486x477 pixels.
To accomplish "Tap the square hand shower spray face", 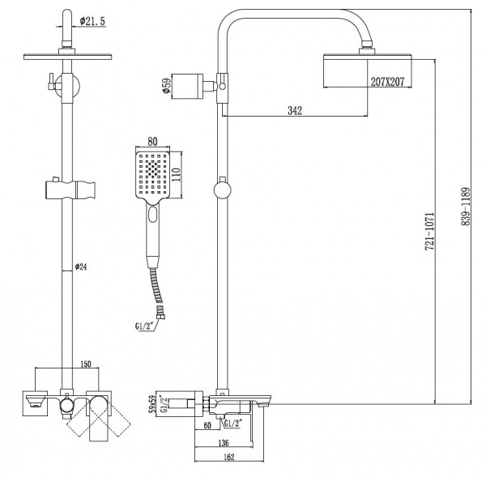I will (x=152, y=173).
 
